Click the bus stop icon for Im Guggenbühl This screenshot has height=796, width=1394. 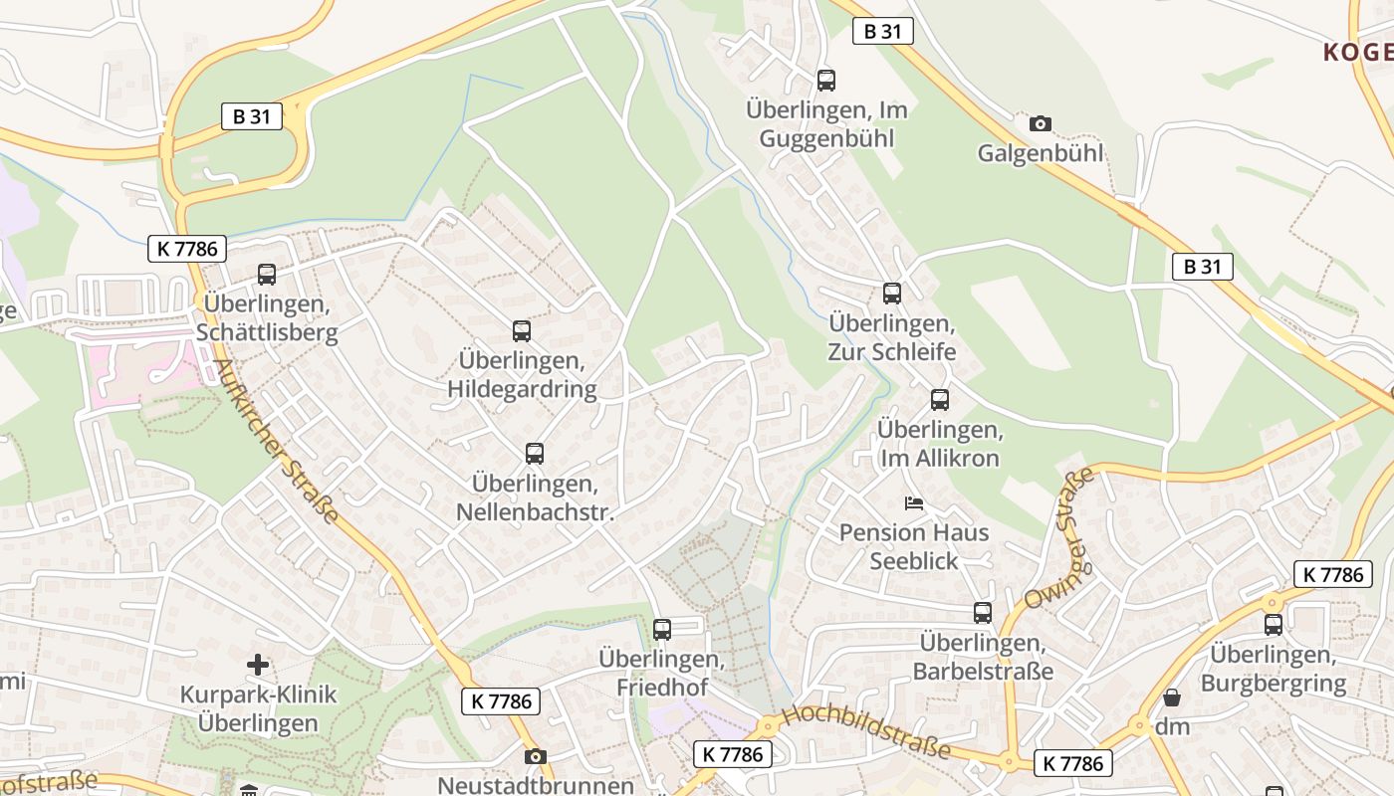point(825,81)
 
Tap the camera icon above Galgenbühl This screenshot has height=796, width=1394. point(1040,124)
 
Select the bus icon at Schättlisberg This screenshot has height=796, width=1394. point(266,275)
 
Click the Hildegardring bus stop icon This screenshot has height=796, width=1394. point(522,331)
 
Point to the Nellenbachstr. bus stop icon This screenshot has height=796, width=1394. point(535,454)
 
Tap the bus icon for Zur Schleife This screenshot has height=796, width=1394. point(891,294)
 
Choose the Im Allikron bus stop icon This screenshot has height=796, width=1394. point(939,400)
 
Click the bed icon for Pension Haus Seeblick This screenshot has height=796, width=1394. point(913,502)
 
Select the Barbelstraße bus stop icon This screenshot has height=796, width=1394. point(983,613)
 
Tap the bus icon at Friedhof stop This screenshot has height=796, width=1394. point(661,629)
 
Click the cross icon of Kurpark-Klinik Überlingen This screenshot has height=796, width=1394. point(258,664)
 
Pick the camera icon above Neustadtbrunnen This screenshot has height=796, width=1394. point(535,756)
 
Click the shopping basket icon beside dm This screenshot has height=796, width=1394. point(1172,697)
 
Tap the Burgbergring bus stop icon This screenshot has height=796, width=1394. point(1273,625)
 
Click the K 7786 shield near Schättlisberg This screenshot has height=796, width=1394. point(187,248)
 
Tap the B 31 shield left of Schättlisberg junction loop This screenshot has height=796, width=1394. point(251,116)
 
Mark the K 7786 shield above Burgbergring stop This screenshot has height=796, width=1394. point(1332,574)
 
